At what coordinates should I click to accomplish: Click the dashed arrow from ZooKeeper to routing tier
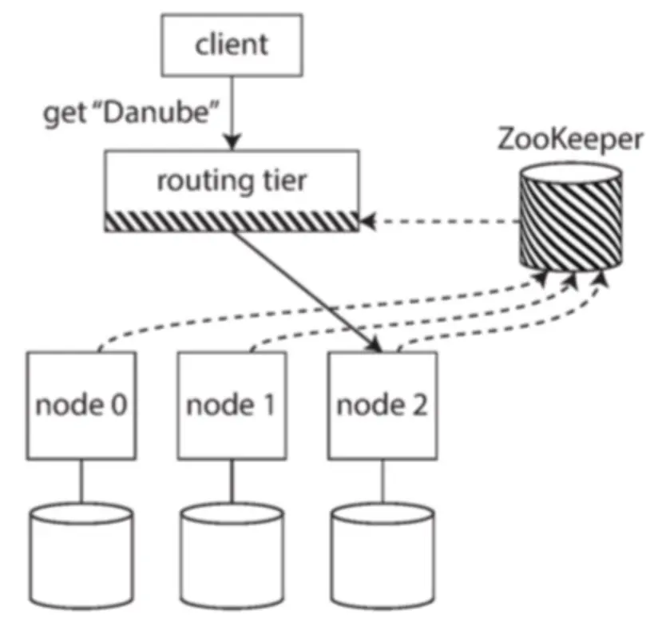click(439, 220)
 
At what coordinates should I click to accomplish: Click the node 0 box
click(79, 406)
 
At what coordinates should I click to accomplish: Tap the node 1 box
click(232, 406)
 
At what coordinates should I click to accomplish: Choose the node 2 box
click(383, 406)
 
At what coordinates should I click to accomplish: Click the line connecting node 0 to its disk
click(79, 482)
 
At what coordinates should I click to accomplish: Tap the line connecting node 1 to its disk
click(232, 482)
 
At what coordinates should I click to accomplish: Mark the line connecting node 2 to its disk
click(383, 482)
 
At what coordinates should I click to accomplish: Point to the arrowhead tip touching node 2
click(376, 349)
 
